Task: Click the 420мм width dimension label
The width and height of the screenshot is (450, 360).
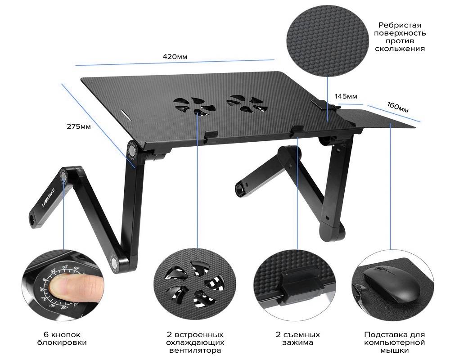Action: click(175, 57)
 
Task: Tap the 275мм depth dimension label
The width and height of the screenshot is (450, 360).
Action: click(79, 126)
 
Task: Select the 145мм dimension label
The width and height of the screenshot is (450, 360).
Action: click(346, 96)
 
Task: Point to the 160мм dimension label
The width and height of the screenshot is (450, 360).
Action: click(397, 107)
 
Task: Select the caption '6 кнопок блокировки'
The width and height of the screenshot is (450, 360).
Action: click(62, 338)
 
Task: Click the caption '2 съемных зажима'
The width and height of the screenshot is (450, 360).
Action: click(297, 338)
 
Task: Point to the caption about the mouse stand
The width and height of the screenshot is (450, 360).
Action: click(394, 342)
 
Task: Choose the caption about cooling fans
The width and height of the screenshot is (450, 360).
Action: click(195, 342)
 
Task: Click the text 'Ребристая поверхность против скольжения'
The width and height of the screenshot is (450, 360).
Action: click(400, 37)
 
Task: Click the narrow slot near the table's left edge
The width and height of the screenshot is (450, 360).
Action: click(125, 113)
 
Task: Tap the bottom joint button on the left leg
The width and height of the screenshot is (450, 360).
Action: click(114, 262)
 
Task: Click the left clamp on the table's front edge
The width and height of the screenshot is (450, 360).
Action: click(211, 135)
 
